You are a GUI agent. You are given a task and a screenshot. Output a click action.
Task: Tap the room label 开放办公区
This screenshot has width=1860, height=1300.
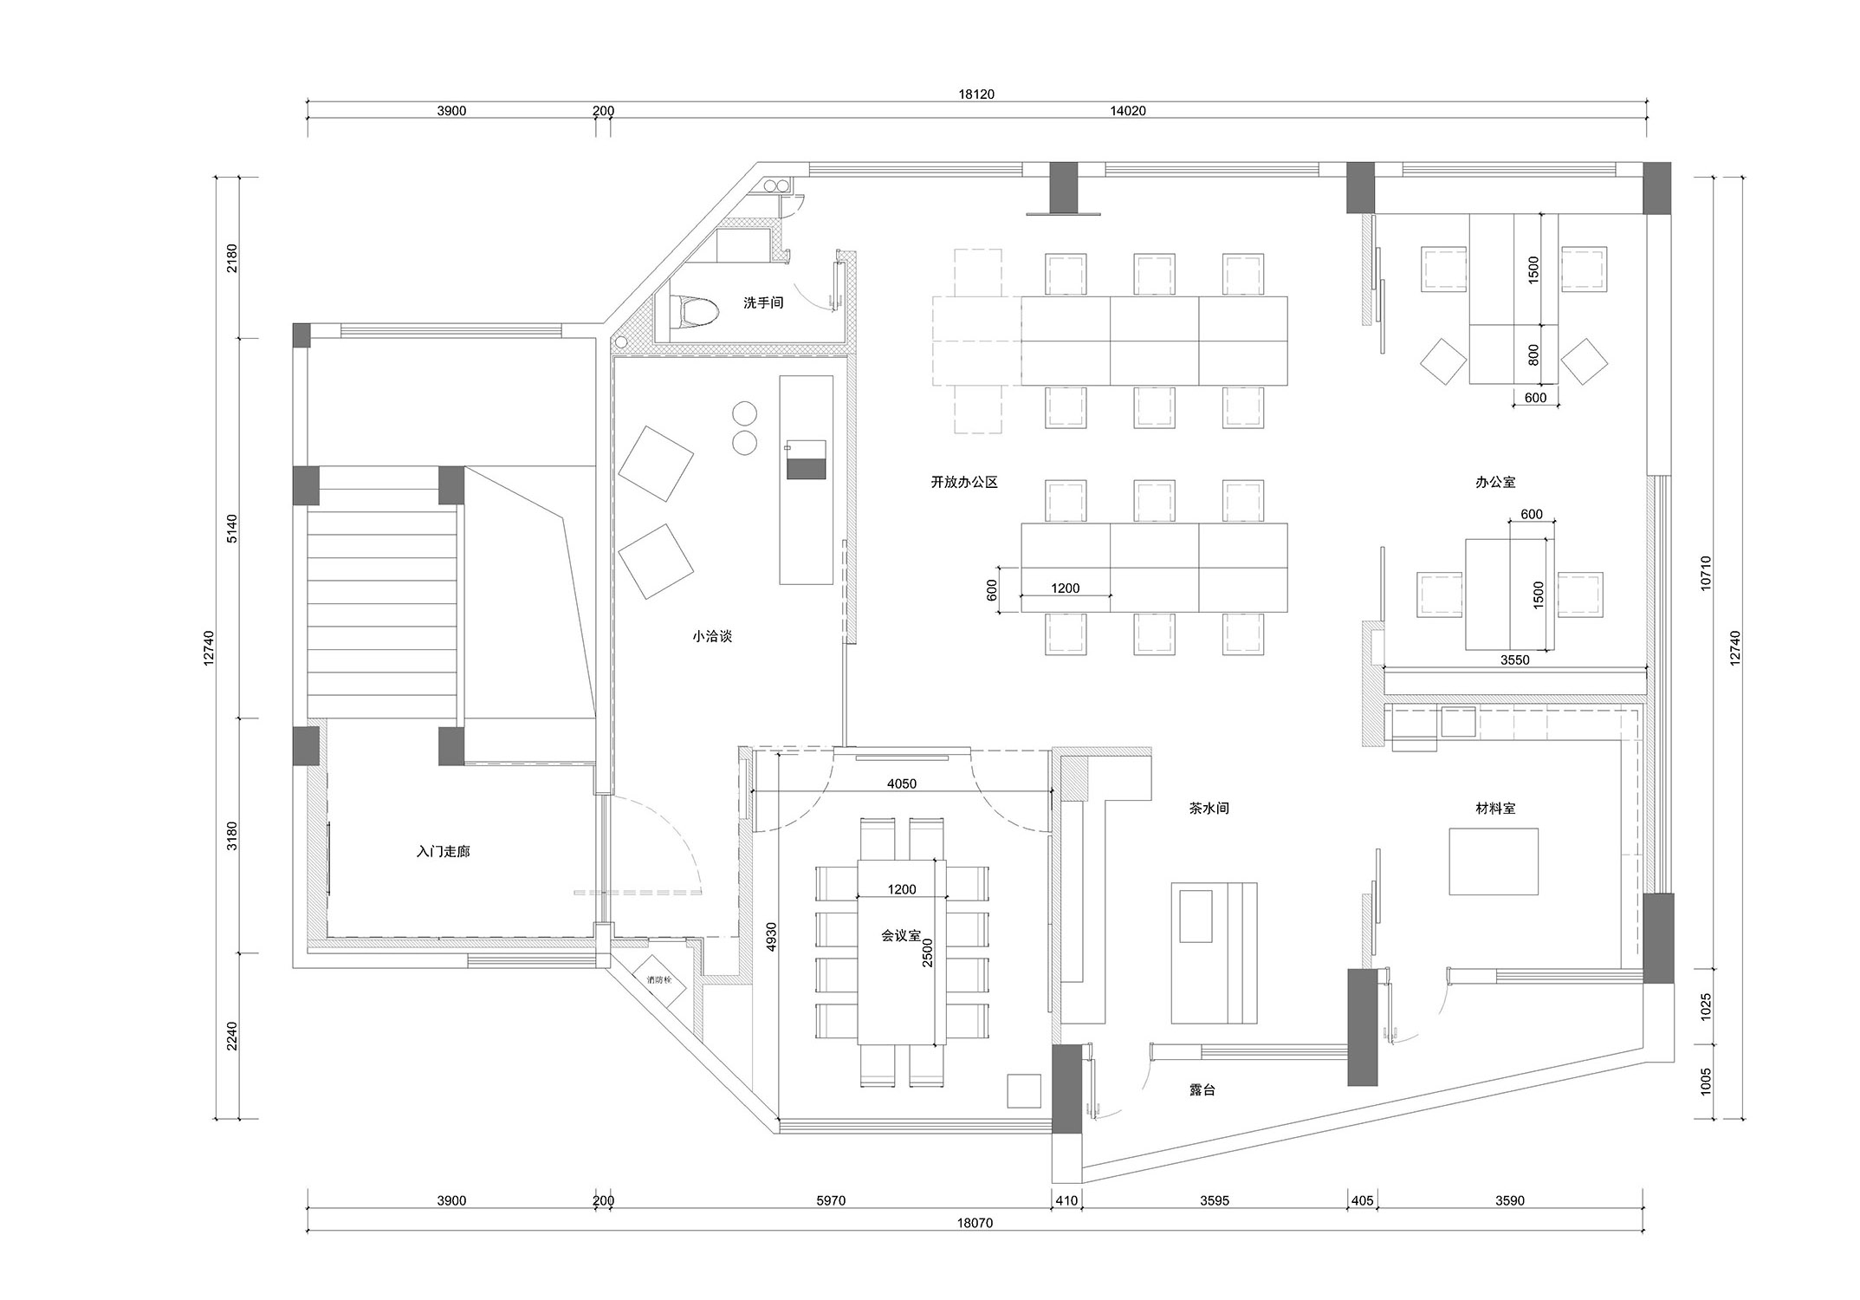coord(964,482)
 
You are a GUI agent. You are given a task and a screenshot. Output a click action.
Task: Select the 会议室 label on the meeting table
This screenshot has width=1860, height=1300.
coord(901,936)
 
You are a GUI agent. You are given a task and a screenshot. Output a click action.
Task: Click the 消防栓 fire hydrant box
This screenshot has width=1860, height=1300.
coord(664,980)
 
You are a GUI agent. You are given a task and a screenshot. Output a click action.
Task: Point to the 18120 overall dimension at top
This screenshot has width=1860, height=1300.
coord(976,94)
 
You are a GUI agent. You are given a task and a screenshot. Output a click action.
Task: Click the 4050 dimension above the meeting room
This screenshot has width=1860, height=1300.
coord(902,783)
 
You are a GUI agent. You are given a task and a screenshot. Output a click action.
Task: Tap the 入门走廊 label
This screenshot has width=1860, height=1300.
coord(443,852)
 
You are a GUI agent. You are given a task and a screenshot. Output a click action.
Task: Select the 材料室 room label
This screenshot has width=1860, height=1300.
coord(1495,808)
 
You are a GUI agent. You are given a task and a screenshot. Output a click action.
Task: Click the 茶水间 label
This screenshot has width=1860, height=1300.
coord(1209,808)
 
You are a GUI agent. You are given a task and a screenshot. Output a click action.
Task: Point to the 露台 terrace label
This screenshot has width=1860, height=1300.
coord(1202,1090)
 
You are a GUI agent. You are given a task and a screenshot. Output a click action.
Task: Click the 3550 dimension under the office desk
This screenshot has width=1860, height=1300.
coord(1514,660)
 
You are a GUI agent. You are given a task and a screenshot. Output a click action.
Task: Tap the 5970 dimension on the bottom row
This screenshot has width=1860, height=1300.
coord(830,1201)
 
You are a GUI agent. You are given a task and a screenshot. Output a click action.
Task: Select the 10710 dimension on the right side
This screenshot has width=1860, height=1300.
coord(1706,573)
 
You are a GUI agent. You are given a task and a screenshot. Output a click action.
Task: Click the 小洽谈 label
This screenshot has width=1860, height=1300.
coord(712,636)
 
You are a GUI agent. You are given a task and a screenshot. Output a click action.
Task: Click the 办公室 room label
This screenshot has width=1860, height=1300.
coord(1495,482)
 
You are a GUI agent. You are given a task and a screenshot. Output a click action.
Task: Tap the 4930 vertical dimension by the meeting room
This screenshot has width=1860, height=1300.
coord(772,937)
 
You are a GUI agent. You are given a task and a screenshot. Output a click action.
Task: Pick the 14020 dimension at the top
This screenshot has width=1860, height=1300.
coord(1128,111)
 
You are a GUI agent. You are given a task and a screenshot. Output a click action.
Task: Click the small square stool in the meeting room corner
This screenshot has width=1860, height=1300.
coord(1024,1090)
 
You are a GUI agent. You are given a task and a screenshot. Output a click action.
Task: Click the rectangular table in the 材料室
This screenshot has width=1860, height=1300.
coord(1494,861)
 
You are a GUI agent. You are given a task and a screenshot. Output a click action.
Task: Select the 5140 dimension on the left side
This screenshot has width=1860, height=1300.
coord(231,529)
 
